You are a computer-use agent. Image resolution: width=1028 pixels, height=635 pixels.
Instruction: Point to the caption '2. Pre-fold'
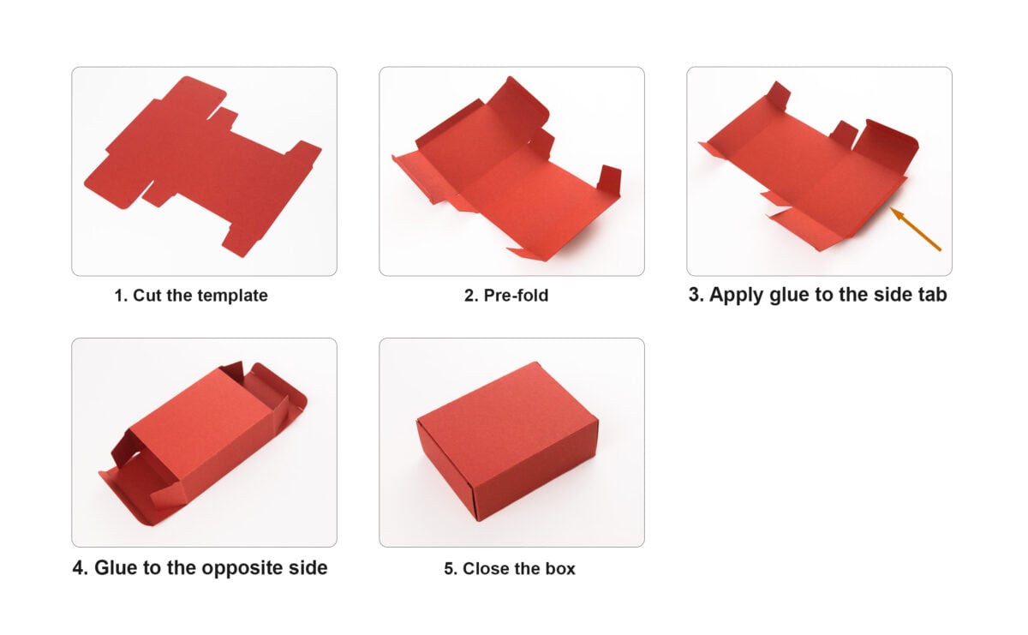[505, 296]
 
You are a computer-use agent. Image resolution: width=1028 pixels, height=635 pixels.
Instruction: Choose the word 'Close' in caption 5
[487, 568]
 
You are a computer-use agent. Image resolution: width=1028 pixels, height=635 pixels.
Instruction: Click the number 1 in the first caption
[119, 296]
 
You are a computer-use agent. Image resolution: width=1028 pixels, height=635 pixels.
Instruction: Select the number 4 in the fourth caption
[78, 567]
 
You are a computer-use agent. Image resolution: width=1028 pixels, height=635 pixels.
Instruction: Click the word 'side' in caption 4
[307, 567]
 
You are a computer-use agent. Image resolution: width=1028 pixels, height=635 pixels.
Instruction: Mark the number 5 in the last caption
[449, 568]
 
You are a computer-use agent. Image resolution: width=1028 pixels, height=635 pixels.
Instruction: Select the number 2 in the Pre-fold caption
[469, 296]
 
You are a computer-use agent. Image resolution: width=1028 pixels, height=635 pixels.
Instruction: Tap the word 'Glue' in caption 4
[116, 567]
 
